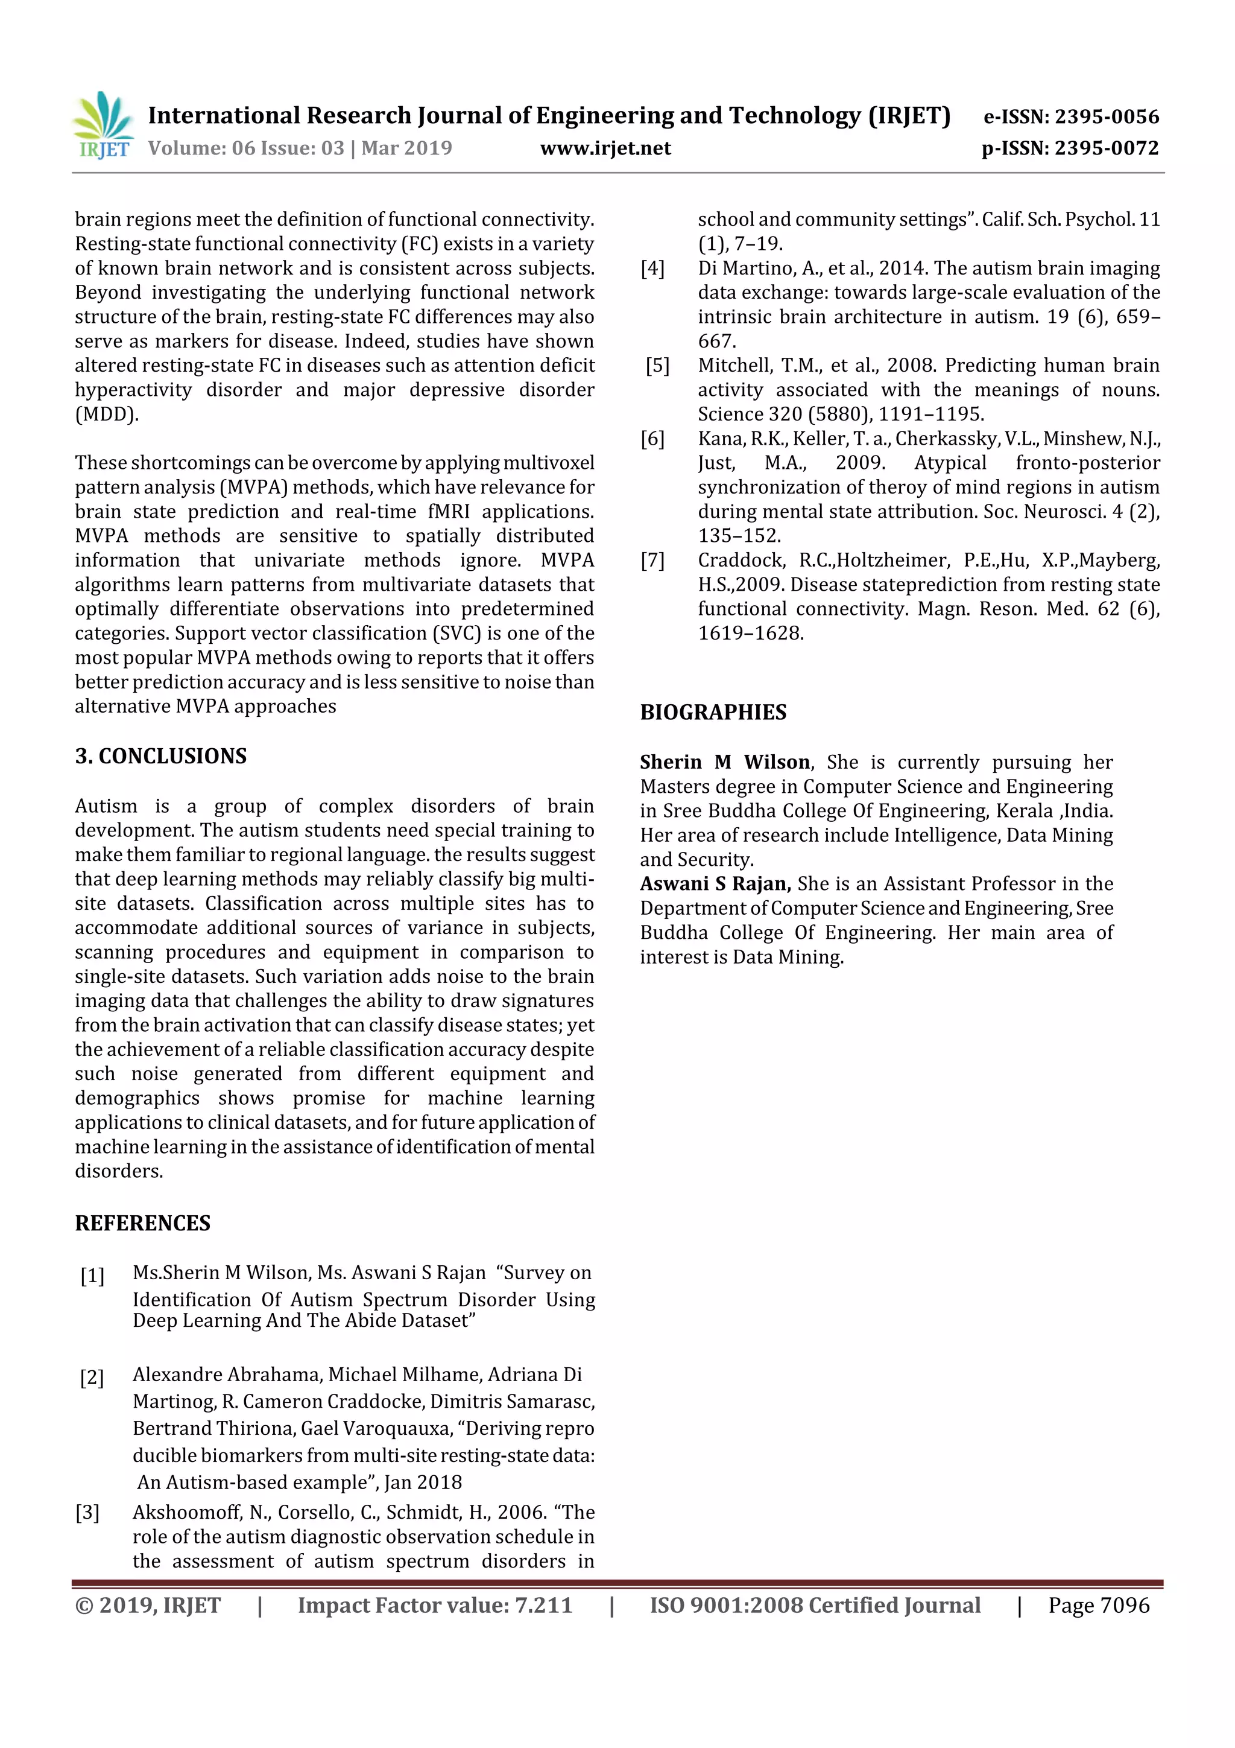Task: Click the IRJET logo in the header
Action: (103, 126)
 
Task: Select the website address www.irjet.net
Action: (605, 148)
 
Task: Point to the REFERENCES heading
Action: (142, 1222)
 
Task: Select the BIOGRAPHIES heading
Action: (713, 713)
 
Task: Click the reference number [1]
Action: (92, 1275)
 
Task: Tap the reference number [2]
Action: (92, 1378)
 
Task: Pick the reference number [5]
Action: (657, 366)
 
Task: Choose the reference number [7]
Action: (652, 561)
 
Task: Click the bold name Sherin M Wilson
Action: (724, 762)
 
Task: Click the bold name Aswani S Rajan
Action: (715, 884)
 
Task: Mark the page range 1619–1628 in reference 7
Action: (750, 634)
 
